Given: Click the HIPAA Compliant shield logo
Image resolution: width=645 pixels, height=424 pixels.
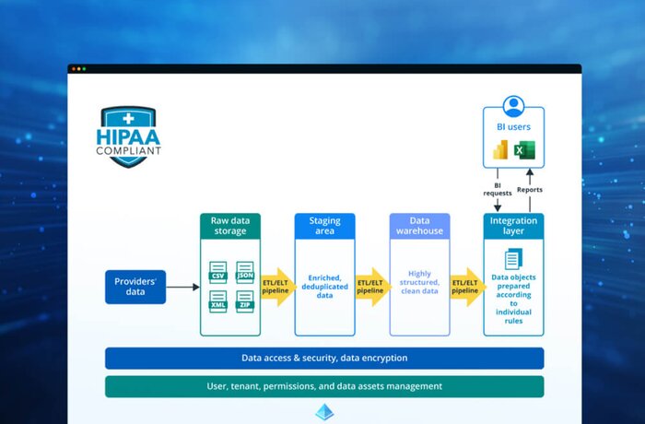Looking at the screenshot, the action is click(x=128, y=136).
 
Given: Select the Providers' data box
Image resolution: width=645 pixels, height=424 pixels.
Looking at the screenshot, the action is click(x=135, y=287).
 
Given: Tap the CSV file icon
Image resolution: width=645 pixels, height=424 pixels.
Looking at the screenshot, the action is click(x=218, y=272).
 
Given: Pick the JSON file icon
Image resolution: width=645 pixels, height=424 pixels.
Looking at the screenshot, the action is click(x=245, y=272).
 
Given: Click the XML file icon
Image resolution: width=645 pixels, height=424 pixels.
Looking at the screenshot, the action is click(x=218, y=301).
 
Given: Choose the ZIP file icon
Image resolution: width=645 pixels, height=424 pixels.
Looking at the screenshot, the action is click(x=245, y=301).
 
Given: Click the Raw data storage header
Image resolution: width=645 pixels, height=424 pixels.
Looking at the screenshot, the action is click(x=230, y=226).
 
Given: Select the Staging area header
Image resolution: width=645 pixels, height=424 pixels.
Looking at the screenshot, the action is click(x=325, y=226).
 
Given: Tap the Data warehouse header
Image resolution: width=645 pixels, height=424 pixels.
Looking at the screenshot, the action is click(x=419, y=226).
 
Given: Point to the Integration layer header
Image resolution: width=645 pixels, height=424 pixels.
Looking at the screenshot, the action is click(x=514, y=226).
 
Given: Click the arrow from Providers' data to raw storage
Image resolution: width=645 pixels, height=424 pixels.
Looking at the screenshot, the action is click(x=183, y=287).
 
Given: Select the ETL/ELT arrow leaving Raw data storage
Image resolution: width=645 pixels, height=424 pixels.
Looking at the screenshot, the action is click(x=278, y=287).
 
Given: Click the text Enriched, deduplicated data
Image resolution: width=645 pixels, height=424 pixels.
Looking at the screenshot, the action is click(x=325, y=287).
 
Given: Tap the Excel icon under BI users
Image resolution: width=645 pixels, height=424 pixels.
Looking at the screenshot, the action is click(x=524, y=150).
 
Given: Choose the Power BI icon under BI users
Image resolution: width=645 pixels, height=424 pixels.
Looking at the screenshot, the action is click(x=500, y=150).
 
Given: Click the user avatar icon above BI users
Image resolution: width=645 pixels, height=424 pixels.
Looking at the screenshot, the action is click(x=513, y=106).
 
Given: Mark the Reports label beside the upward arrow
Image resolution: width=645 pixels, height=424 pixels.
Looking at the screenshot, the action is click(x=530, y=190).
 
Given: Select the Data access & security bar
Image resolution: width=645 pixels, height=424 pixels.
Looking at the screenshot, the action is click(x=324, y=359).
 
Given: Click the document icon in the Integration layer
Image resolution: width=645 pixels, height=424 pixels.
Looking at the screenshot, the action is click(x=513, y=259).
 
